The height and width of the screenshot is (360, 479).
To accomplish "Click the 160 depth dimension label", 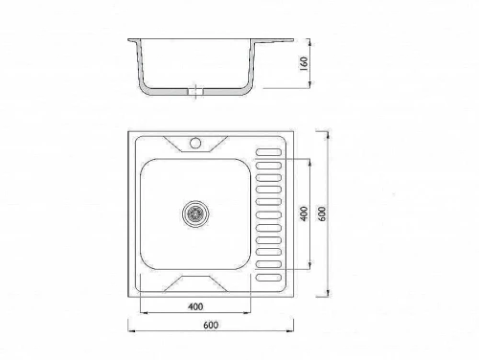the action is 304,63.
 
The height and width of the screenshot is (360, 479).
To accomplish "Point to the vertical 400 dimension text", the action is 305,214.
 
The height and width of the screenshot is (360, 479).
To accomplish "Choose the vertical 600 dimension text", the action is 322,214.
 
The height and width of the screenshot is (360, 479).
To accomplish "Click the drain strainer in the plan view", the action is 195,214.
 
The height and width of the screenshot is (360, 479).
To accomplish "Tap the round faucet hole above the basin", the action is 195,143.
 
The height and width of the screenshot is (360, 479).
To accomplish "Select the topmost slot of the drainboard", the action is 268,152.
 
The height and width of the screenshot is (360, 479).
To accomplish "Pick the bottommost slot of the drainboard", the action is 268,278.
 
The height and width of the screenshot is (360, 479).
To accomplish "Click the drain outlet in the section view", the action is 195,92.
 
